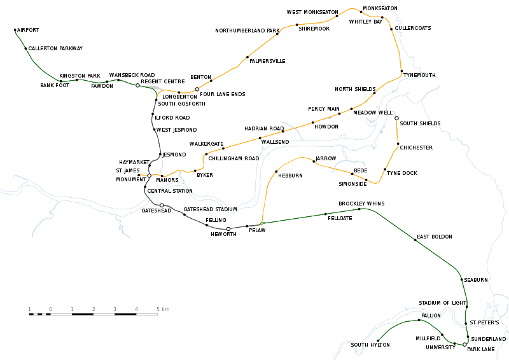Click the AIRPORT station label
28,30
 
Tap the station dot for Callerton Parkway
25,48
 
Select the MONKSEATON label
380,8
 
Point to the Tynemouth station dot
401,71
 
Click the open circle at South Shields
396,118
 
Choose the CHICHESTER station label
416,148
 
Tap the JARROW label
324,158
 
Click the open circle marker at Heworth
228,228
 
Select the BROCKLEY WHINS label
361,204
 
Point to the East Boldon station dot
415,240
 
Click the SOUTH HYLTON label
370,345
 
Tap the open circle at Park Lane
465,344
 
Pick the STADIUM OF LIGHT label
443,303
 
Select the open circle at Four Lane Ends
197,89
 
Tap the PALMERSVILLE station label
267,61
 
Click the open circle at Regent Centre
137,85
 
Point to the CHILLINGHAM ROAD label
234,158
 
